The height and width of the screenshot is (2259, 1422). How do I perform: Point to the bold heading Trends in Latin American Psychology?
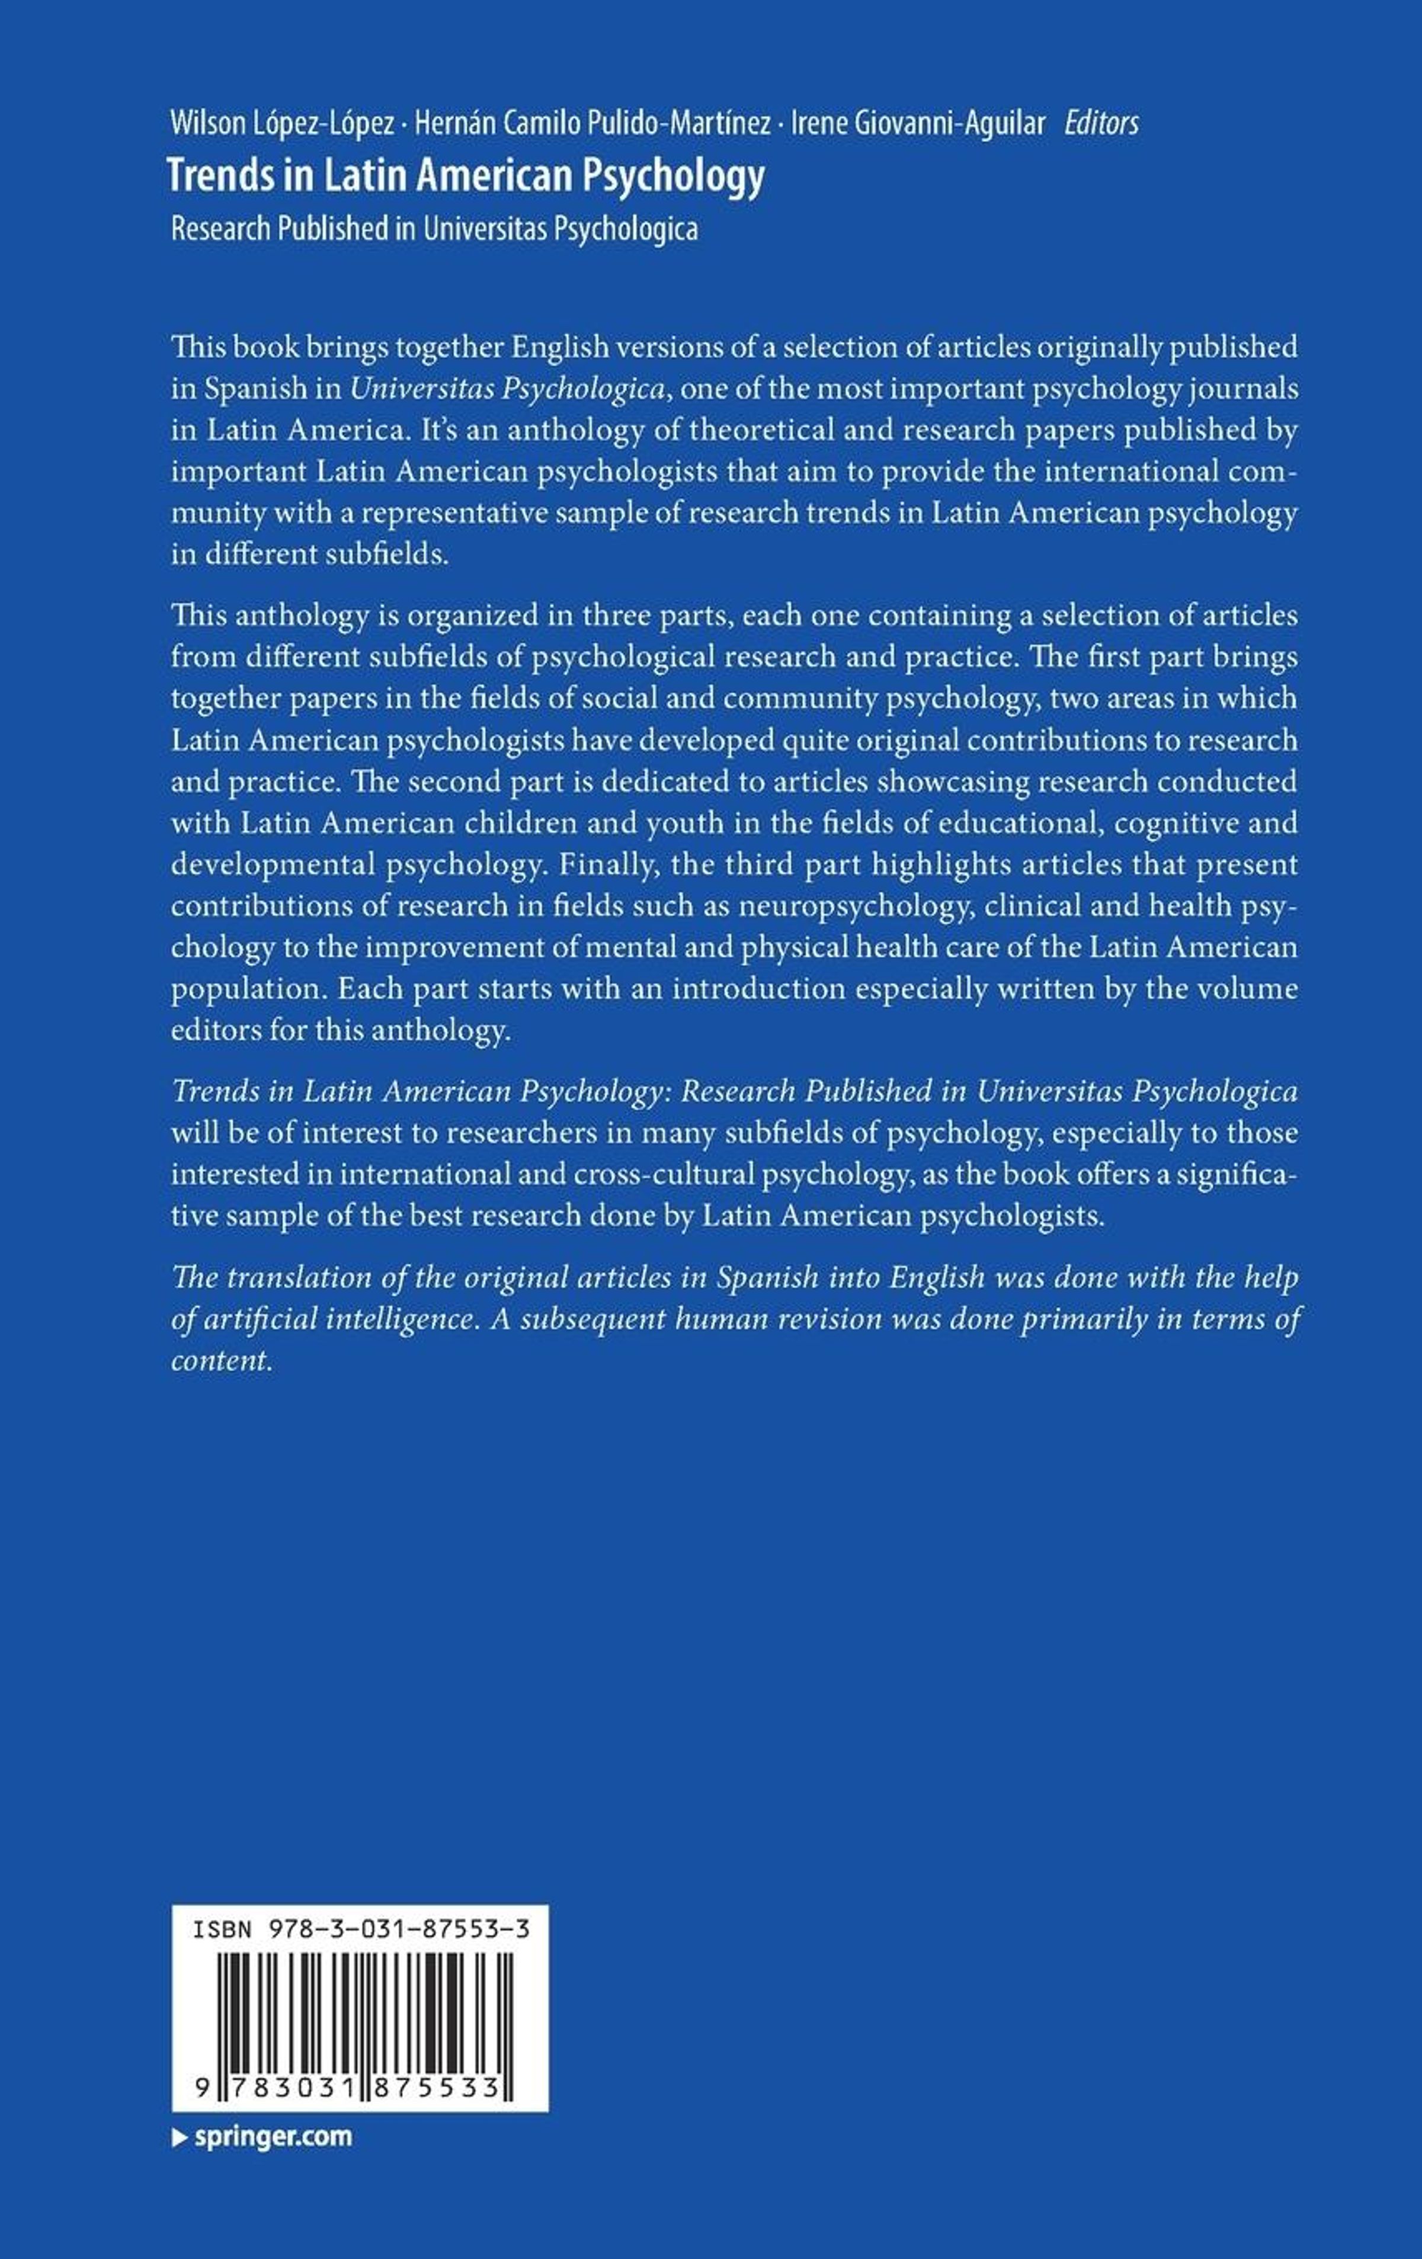coord(466,177)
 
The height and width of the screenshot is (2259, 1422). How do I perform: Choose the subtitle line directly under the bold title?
coord(434,230)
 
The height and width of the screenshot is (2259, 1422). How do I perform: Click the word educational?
coord(1007,823)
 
